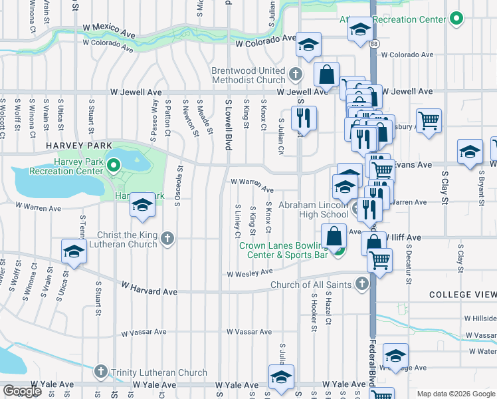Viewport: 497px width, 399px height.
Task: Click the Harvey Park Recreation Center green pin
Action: pos(113,164)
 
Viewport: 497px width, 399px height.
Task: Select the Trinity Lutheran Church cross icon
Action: pos(100,370)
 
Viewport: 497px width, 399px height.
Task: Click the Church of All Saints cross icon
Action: pos(362,285)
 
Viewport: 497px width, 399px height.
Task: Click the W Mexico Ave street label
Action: pos(110,30)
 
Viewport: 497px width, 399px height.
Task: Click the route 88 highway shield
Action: pos(375,43)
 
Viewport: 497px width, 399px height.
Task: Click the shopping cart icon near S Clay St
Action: pos(430,121)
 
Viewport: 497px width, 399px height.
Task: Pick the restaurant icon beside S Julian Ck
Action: pos(304,118)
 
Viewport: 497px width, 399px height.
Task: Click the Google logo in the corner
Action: pos(22,391)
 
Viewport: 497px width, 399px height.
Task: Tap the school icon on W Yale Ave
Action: pos(281,377)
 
